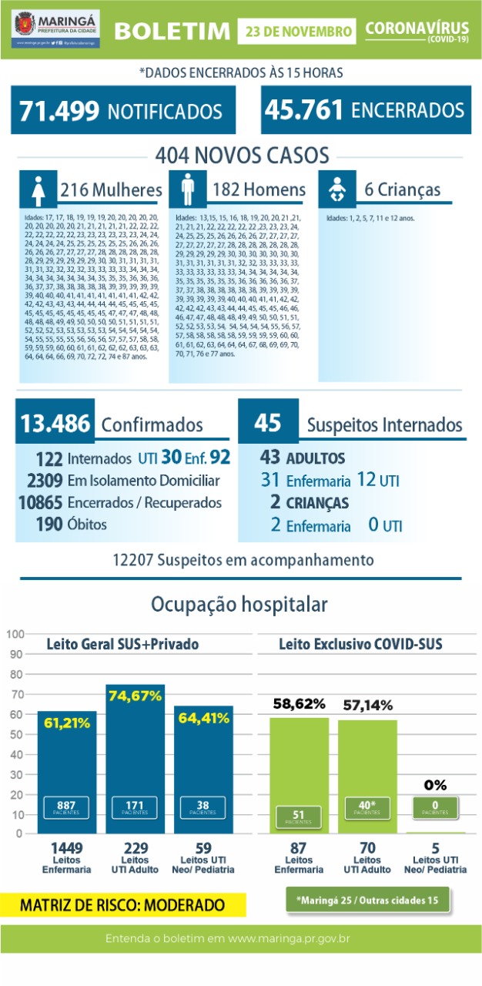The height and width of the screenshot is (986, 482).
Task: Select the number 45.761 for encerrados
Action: point(303,110)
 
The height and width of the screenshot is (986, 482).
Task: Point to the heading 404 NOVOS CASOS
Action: point(242,156)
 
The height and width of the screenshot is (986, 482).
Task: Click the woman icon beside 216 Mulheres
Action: point(38,189)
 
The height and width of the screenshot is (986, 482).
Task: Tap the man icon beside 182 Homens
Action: point(187,189)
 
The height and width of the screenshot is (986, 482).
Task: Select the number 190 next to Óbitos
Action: point(50,524)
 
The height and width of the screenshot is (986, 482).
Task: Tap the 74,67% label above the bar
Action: point(136,696)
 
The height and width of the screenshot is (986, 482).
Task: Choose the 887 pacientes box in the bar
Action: point(66,807)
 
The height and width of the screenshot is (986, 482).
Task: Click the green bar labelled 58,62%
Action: point(299,770)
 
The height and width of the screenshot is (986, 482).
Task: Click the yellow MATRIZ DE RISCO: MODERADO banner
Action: point(123,904)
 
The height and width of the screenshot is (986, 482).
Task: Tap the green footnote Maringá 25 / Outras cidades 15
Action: point(368,899)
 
